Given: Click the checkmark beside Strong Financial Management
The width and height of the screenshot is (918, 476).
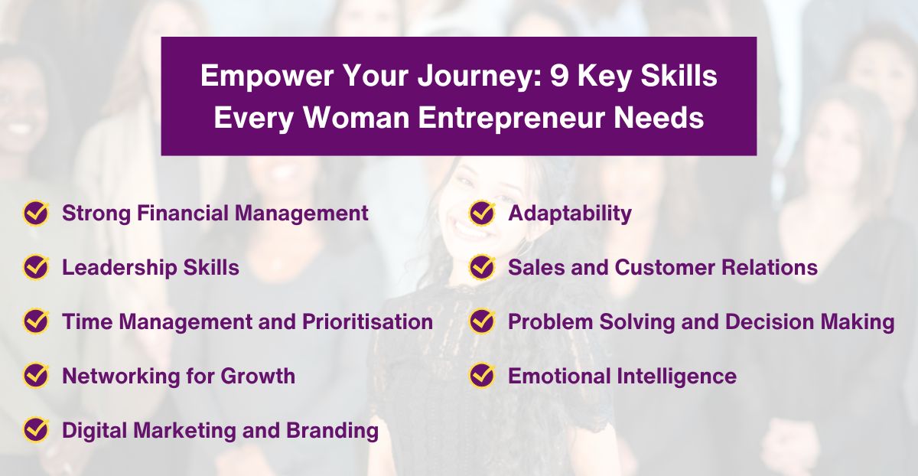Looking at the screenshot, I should (36, 213).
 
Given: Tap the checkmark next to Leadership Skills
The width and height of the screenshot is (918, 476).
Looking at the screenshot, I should (36, 267).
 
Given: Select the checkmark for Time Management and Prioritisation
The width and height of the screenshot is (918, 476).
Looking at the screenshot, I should (36, 321).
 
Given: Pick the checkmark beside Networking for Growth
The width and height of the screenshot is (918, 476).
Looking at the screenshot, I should (36, 376).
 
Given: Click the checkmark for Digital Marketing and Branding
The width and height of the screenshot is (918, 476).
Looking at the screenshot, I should (36, 430).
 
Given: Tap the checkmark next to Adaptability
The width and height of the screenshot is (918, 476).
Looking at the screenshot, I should (482, 213).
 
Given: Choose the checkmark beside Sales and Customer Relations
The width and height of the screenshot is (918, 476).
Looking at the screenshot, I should (482, 267).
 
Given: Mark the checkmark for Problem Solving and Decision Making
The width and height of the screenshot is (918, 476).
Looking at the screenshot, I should (482, 321).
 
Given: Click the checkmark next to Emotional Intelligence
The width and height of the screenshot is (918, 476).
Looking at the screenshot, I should (482, 376).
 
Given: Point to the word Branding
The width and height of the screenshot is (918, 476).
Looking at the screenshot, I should (333, 430).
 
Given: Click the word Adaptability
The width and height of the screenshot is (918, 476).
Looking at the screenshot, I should (570, 213).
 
